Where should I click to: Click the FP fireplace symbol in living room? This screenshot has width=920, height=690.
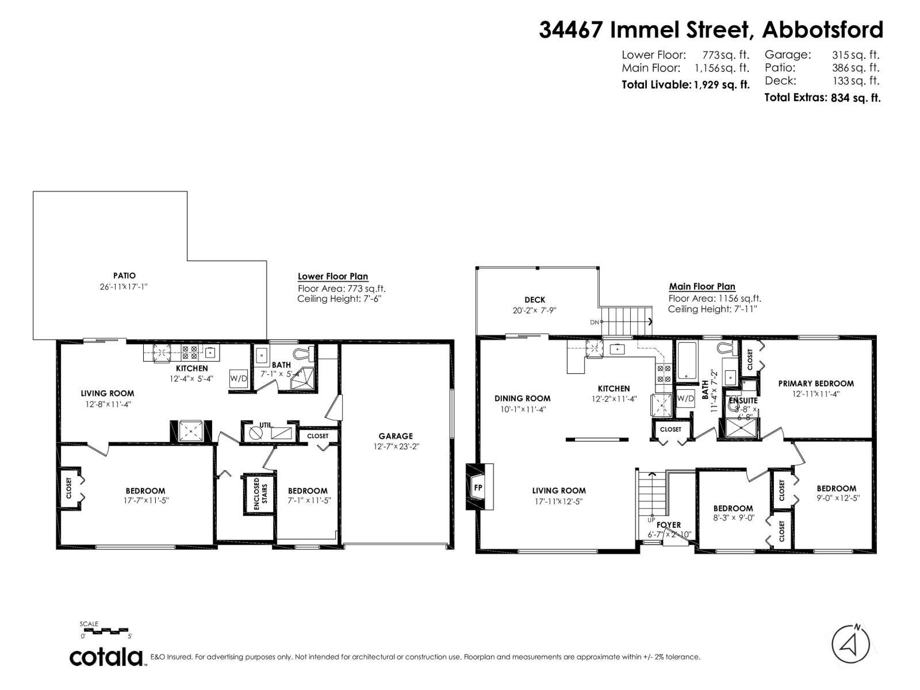[x=478, y=488]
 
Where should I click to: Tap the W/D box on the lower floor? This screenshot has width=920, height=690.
[x=238, y=378]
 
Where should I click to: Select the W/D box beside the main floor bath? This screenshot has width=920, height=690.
[x=685, y=398]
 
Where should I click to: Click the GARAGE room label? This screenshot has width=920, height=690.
[x=396, y=436]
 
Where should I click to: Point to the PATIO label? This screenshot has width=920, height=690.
[x=124, y=276]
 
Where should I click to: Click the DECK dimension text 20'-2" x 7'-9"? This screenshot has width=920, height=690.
[x=534, y=310]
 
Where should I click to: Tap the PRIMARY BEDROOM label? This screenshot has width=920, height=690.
[x=815, y=384]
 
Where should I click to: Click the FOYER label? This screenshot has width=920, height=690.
[x=668, y=524]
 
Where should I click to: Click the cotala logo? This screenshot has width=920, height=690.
[x=106, y=657]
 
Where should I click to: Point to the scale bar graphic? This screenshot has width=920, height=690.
[x=106, y=631]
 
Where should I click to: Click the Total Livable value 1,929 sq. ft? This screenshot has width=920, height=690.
[x=722, y=85]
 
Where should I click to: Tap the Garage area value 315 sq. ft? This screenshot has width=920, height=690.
[x=856, y=55]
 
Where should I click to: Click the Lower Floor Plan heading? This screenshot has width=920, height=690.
[x=333, y=277]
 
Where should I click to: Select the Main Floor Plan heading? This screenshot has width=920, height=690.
[x=701, y=286]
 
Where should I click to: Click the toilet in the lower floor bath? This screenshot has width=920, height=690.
[x=303, y=353]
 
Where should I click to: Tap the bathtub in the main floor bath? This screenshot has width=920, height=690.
[x=687, y=360]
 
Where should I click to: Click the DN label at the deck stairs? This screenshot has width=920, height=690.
[x=594, y=322]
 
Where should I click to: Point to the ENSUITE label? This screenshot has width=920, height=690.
[x=743, y=400]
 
